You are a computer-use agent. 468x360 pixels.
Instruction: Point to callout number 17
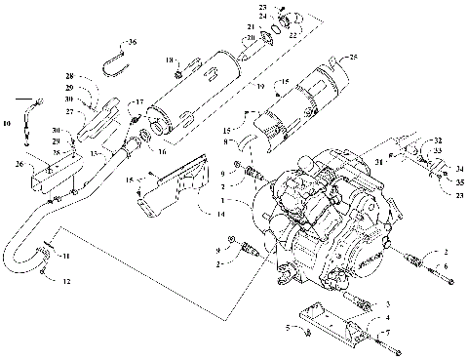[139, 102]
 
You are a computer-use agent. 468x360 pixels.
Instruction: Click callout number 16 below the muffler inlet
[162, 151]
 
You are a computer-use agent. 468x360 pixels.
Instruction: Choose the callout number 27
[70, 112]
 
